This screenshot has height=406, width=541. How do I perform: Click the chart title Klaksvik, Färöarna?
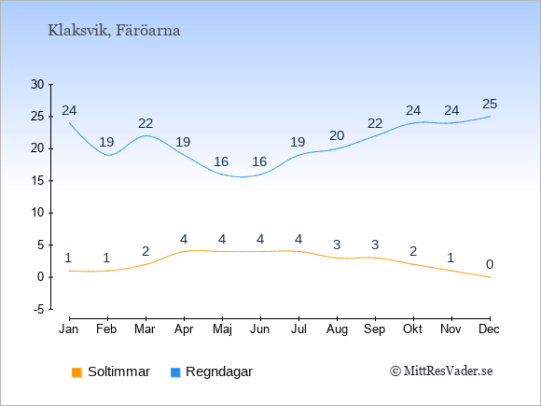114,31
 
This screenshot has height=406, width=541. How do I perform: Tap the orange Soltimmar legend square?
76,372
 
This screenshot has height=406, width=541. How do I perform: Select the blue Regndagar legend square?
175,372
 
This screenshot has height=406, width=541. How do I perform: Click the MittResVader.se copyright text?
441,371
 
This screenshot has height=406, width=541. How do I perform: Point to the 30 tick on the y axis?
37,84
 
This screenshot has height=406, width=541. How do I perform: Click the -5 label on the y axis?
39,309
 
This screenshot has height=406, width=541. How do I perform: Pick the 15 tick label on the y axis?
37,180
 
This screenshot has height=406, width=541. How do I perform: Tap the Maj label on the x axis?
222,329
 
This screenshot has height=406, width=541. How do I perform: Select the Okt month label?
412,329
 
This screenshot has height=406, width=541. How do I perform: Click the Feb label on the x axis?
106,329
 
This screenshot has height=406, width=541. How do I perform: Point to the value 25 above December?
490,104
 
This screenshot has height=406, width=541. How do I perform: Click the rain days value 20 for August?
337,135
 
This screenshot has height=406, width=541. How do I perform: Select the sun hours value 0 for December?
490,264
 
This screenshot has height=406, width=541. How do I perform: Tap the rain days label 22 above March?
146,123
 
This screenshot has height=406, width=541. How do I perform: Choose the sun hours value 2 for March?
146,251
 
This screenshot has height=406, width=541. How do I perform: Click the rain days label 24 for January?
69,110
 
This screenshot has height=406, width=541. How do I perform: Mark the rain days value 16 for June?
259,161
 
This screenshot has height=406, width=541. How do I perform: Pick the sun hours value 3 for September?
375,245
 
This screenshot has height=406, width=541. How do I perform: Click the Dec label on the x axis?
490,329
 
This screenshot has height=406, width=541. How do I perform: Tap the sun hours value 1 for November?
451,258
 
